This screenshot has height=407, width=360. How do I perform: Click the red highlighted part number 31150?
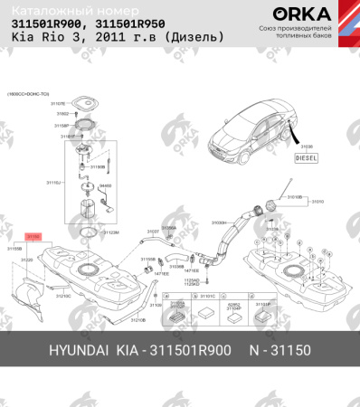(33, 235)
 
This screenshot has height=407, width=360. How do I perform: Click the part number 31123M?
(111, 232)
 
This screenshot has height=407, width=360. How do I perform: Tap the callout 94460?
(105, 185)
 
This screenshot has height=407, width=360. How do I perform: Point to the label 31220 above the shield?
(27, 260)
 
